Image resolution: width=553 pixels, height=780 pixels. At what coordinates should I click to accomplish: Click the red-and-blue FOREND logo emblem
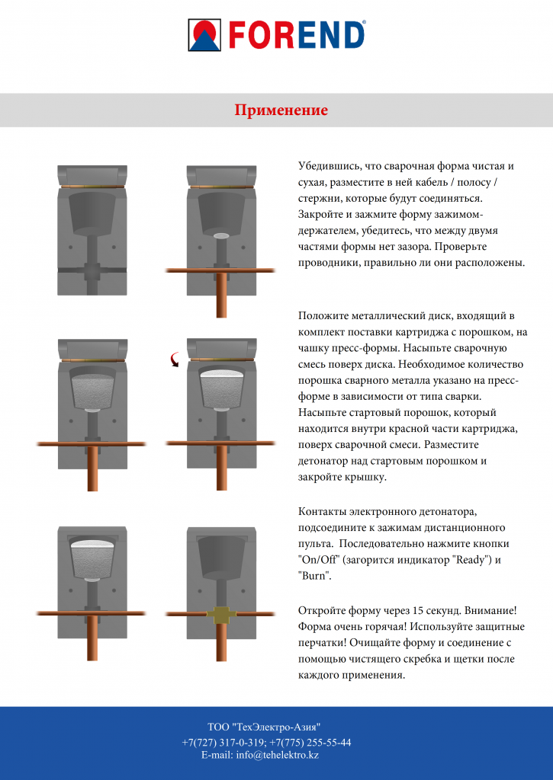point(204,35)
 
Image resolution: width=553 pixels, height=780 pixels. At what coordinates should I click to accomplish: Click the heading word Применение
point(281,110)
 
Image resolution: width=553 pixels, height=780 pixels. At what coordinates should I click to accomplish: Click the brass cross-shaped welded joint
point(220,613)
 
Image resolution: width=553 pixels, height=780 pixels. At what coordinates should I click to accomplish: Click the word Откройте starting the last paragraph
point(323,609)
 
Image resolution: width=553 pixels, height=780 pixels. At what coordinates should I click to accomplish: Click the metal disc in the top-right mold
point(220,236)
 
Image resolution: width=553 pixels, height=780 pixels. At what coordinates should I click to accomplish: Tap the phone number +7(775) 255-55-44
point(311,742)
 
